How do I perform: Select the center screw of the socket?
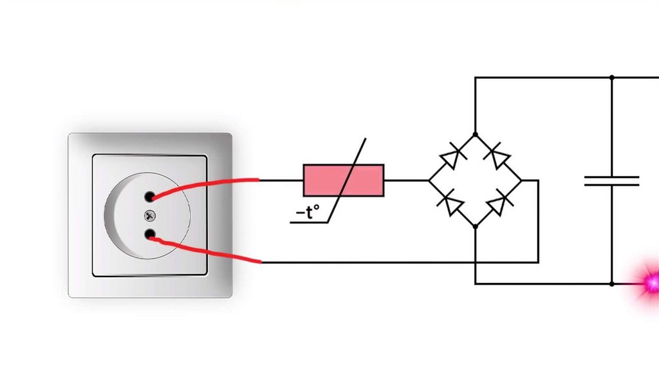tap(150, 215)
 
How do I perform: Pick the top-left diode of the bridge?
tap(451, 157)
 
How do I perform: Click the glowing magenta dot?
tap(651, 282)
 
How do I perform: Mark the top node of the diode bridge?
tap(475, 134)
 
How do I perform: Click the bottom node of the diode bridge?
tap(475, 226)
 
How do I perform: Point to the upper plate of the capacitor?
tap(611, 176)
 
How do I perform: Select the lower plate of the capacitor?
tap(611, 185)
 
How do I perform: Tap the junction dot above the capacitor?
tap(611, 77)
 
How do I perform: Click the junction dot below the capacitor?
tap(611, 284)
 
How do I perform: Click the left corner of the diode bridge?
tap(429, 180)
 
